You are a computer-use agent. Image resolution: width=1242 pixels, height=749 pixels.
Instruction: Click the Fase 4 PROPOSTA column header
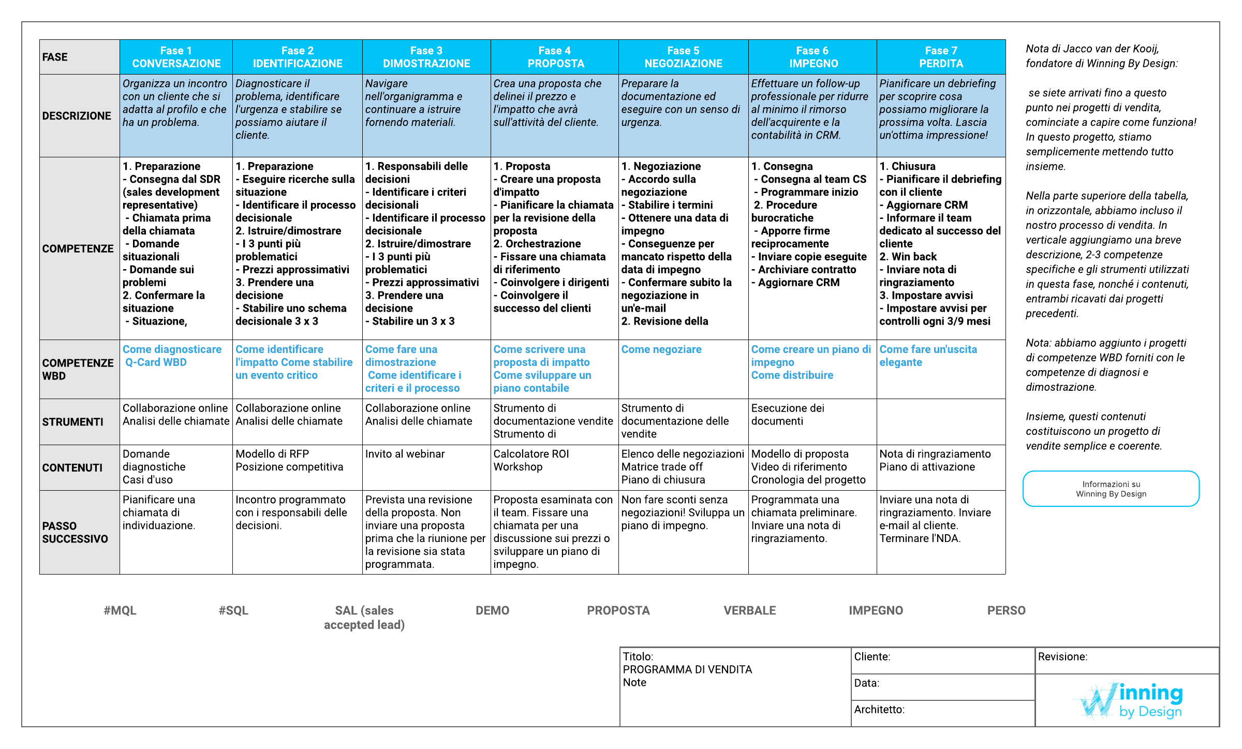[x=555, y=57]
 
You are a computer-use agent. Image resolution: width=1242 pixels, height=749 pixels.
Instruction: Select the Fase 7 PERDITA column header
[x=941, y=57]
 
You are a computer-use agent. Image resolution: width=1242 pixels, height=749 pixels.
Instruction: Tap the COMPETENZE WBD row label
[x=78, y=369]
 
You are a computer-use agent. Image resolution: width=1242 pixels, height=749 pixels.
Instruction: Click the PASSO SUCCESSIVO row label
[x=76, y=532]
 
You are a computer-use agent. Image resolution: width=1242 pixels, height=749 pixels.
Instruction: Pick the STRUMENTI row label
[x=73, y=422]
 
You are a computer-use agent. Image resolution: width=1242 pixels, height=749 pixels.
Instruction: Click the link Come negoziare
[x=661, y=349]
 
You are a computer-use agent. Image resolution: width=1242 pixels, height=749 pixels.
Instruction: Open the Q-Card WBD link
[x=156, y=362]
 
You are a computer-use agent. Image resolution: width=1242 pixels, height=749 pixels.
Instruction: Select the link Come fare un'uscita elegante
[x=928, y=356]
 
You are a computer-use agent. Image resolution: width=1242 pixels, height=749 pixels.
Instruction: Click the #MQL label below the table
[x=120, y=610]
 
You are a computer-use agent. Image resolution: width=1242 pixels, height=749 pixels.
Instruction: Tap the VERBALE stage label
[x=749, y=610]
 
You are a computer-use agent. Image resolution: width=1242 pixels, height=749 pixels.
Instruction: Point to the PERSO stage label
[x=1006, y=610]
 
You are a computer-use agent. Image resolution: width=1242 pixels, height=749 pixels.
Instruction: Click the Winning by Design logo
[x=1131, y=701]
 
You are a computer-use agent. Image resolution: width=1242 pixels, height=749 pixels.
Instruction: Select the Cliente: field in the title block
[x=942, y=660]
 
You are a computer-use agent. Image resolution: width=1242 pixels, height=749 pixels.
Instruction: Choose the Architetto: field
[x=942, y=713]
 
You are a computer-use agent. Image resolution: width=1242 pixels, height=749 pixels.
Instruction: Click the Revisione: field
[x=1127, y=660]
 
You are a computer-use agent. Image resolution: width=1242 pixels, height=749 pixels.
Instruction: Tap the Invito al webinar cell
[x=405, y=454]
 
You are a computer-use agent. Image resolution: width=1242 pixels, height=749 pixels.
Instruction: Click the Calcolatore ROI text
[x=531, y=454]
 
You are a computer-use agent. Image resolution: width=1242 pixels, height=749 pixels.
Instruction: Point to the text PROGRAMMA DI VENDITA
[x=687, y=669]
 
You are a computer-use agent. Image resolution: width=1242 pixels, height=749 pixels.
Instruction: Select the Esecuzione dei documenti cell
[x=787, y=415]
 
